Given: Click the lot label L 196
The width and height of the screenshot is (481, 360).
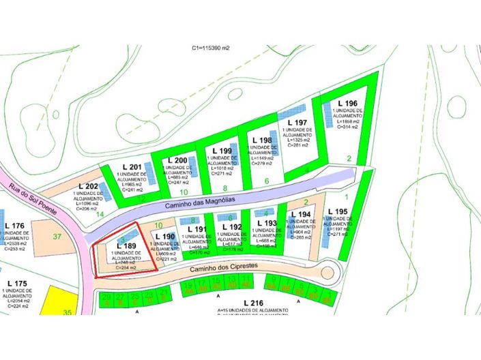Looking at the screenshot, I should tap(347, 104).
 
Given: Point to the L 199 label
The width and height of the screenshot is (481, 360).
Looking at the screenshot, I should tap(223, 150).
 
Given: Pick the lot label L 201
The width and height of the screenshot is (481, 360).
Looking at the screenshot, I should tap(132, 168).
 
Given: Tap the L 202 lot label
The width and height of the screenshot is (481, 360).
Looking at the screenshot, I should tap(89, 186).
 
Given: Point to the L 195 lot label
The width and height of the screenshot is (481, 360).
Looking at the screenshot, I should tap(337, 212).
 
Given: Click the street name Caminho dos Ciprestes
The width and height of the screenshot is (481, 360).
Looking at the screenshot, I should tap(224, 269).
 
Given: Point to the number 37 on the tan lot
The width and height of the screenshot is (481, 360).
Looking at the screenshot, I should tap(57, 237).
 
